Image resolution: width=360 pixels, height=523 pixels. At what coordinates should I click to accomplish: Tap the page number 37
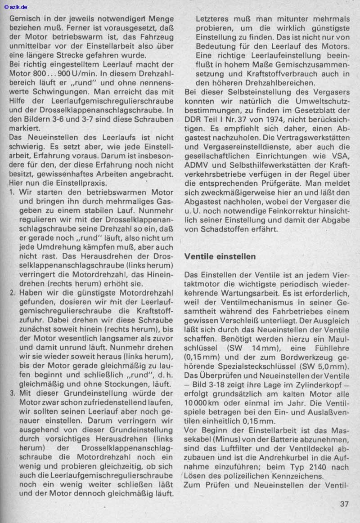pyautogui.click(x=344, y=504)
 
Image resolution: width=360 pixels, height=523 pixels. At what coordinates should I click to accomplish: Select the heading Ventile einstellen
pyautogui.click(x=220, y=256)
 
